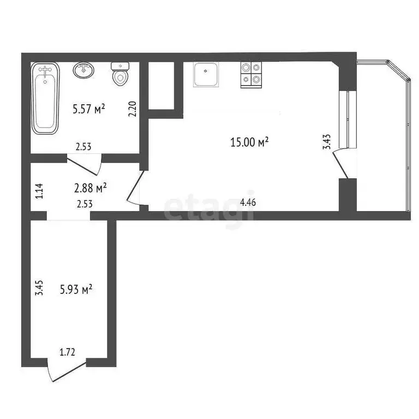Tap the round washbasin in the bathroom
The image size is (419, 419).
[85, 70]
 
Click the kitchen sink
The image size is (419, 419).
[206, 75]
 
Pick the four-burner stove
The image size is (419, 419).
[251, 75]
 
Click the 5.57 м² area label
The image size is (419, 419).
[88, 110]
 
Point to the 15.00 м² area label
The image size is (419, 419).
[250, 142]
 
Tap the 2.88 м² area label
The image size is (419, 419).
[90, 188]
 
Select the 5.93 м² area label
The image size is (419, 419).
[76, 290]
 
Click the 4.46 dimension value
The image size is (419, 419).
[248, 202]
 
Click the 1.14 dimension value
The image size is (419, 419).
[38, 191]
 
